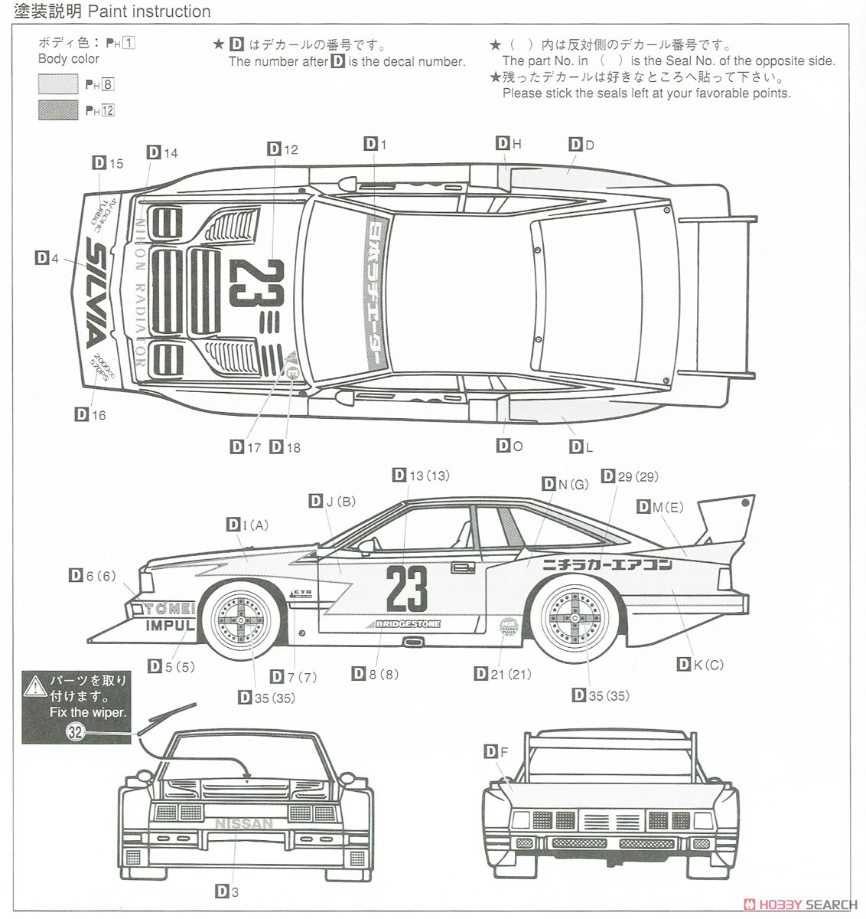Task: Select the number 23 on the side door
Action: click(x=406, y=589)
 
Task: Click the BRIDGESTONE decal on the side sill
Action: click(x=408, y=624)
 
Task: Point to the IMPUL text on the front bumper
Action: click(x=170, y=625)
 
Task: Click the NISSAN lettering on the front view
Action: click(x=244, y=824)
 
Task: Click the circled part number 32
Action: click(x=75, y=732)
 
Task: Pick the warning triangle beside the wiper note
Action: click(x=35, y=685)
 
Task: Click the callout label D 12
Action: click(x=283, y=149)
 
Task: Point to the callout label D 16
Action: click(x=90, y=415)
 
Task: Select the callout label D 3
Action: click(x=227, y=891)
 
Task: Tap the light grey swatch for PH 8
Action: click(x=58, y=84)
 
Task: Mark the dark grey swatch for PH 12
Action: click(x=58, y=110)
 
